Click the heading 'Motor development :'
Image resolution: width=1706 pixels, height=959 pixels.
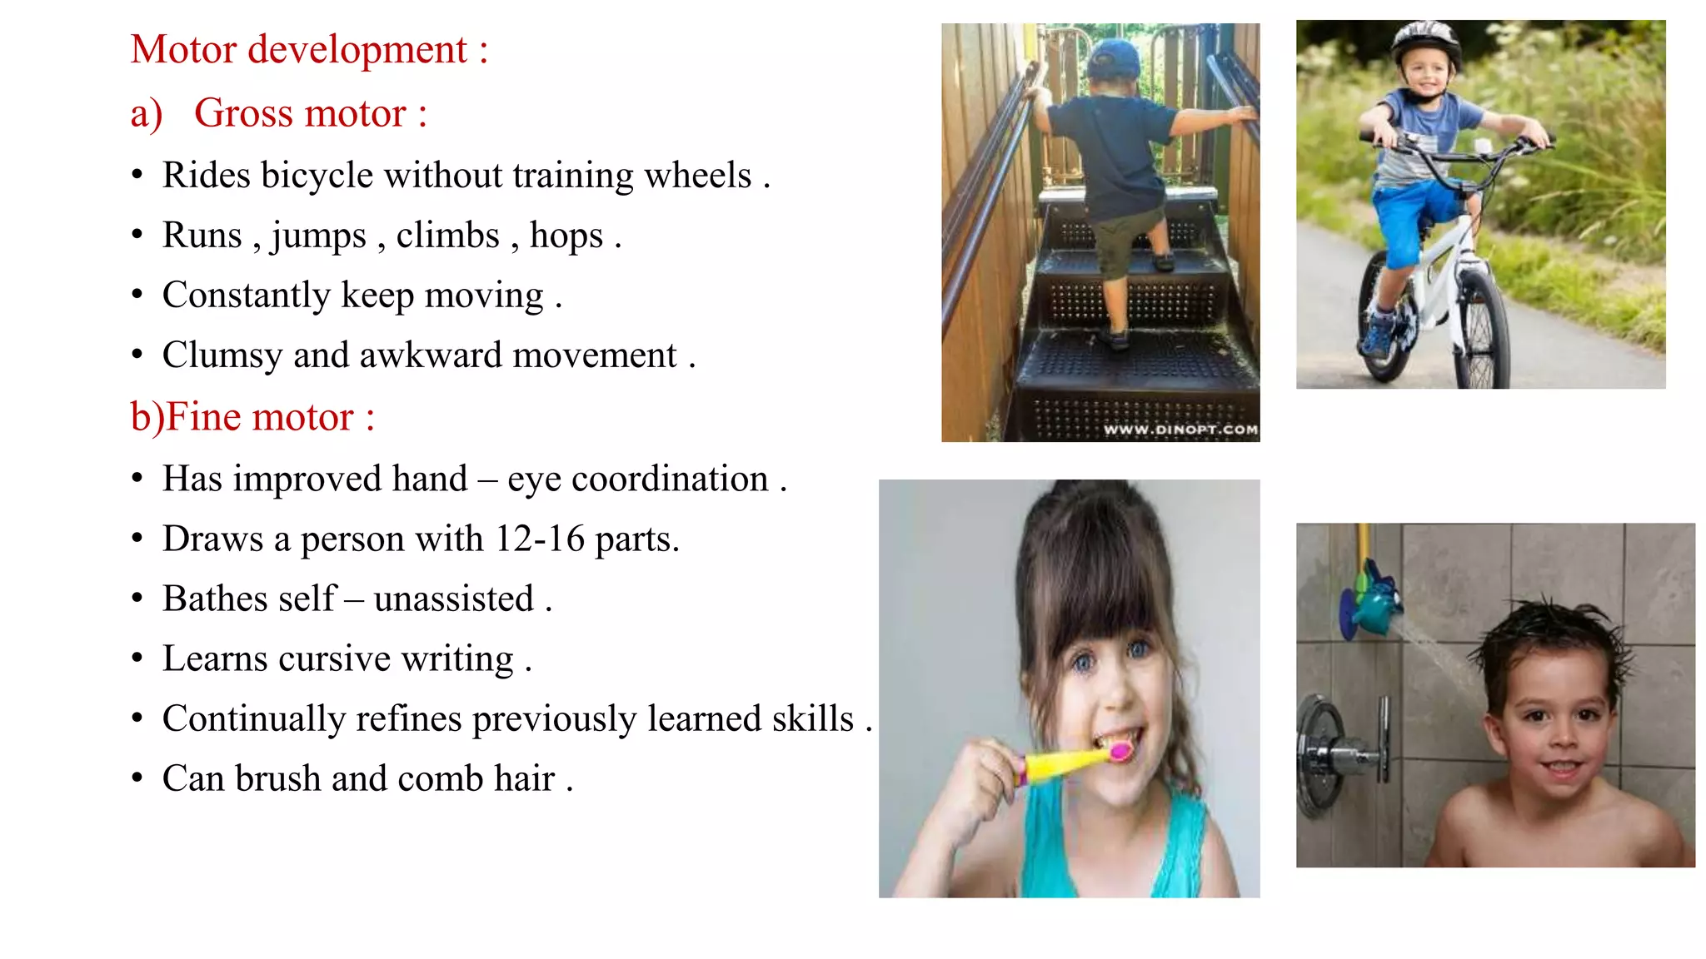[x=309, y=50]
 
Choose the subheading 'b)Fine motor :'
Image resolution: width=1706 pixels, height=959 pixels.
[x=252, y=417]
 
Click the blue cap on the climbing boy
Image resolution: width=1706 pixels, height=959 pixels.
[x=1115, y=58]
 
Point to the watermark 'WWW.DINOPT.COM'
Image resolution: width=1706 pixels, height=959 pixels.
[x=1180, y=430]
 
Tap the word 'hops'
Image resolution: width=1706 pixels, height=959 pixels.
[x=566, y=236]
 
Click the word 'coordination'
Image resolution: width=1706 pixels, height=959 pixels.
[x=670, y=479]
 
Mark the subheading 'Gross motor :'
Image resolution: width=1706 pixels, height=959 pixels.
[x=310, y=113]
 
